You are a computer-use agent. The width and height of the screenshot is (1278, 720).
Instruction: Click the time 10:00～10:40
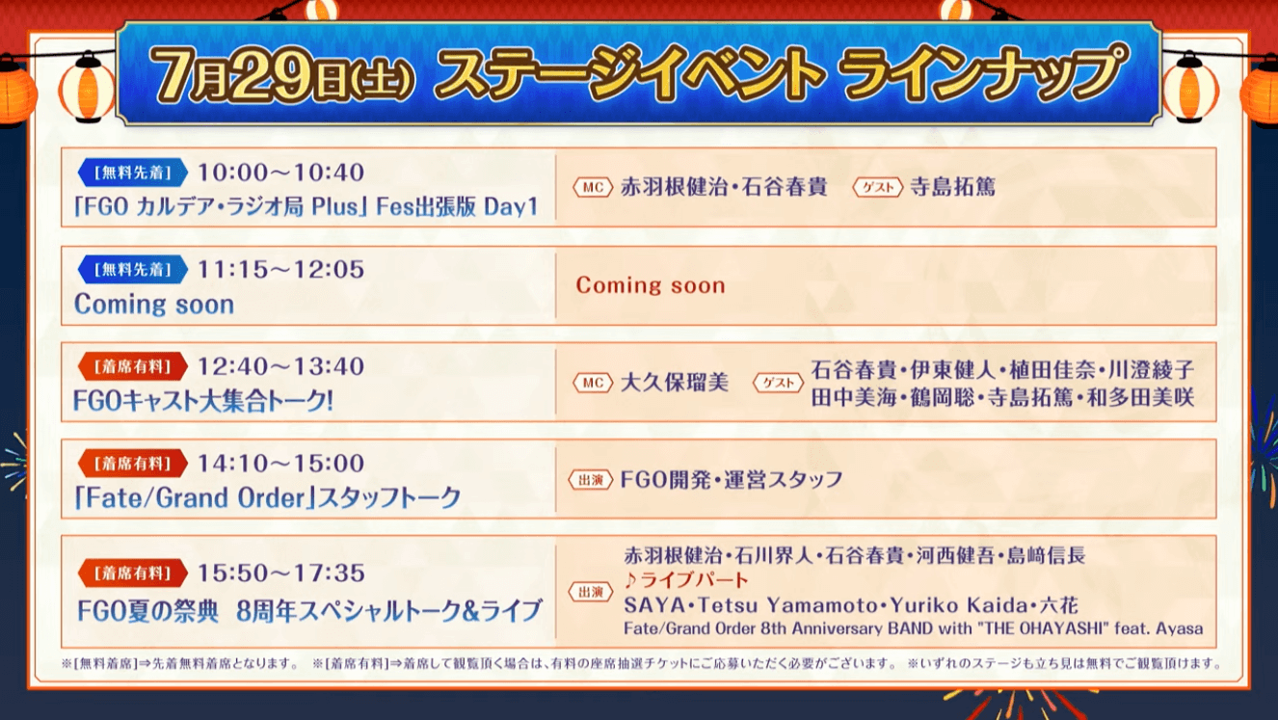280,173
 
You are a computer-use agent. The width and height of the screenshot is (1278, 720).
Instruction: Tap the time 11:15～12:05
280,269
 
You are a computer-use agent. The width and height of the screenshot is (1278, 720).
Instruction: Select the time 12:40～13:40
280,366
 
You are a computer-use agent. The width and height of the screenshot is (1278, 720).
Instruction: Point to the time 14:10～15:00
280,463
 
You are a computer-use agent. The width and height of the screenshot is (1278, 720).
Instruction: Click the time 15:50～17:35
280,573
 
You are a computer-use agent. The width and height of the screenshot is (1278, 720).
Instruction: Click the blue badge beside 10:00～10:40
133,173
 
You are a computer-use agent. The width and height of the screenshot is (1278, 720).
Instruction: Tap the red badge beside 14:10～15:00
133,463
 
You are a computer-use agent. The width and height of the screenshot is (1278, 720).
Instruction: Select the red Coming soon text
651,285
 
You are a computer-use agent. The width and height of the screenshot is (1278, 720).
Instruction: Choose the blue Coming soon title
154,304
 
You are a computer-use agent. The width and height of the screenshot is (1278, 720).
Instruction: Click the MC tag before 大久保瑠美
593,383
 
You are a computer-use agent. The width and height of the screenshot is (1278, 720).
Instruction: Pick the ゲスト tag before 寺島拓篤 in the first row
877,187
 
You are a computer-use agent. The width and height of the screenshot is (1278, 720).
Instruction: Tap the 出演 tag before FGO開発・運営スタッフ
591,480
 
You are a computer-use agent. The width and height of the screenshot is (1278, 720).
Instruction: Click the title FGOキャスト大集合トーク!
203,401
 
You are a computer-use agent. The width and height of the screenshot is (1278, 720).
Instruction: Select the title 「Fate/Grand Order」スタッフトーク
267,497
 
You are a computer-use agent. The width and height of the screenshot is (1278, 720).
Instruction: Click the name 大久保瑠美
675,383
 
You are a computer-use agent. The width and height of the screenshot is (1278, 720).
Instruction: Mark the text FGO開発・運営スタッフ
731,479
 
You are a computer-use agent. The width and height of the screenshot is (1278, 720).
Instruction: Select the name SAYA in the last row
653,604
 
